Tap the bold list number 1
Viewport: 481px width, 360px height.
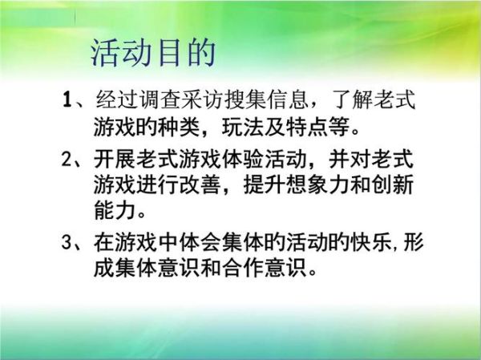pos(68,102)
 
